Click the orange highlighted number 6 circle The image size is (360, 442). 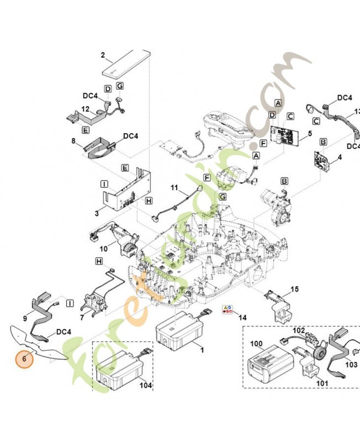24,357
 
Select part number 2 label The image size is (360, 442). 103,54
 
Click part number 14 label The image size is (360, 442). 241,318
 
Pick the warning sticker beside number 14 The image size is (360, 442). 226,309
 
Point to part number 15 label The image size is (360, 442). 294,288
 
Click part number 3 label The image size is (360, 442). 97,212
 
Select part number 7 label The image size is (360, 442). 82,317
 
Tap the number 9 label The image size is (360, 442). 25,318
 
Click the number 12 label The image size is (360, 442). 86,109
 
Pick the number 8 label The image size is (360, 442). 73,141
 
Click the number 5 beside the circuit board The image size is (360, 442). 310,133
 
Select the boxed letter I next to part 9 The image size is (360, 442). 70,303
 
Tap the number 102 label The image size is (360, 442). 299,330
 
